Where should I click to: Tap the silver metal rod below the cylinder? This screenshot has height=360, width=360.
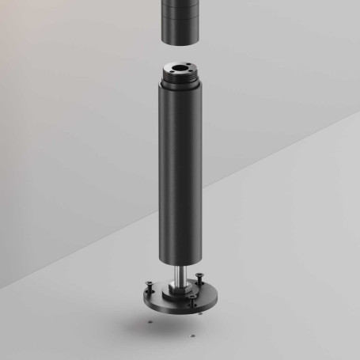(x=180, y=277)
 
